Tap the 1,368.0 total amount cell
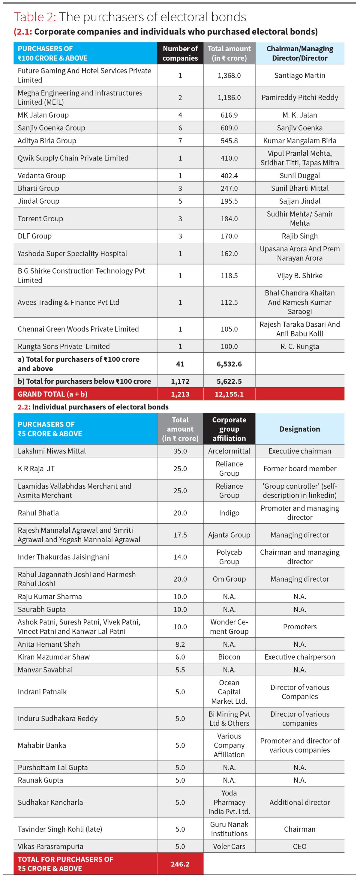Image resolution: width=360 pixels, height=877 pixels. click(229, 76)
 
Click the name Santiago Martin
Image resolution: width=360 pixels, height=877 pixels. click(300, 76)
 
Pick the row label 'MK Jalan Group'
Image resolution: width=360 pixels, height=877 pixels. click(43, 115)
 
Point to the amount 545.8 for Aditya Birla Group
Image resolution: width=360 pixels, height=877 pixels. click(229, 141)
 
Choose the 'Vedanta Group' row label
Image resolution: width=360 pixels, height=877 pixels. click(42, 176)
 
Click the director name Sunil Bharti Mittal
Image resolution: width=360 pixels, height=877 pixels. click(300, 188)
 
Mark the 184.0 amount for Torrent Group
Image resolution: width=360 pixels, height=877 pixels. click(229, 219)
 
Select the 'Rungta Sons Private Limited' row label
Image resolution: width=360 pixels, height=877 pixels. click(64, 347)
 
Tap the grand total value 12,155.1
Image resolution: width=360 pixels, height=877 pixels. click(229, 394)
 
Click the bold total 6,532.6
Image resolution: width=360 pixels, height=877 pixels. click(229, 364)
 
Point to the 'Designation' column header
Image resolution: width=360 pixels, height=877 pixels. click(300, 429)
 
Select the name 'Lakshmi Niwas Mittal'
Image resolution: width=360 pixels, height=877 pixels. click(52, 451)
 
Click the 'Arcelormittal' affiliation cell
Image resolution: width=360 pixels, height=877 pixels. click(229, 451)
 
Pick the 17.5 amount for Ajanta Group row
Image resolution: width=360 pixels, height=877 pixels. click(180, 535)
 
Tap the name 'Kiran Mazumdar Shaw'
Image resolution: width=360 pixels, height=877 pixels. click(54, 657)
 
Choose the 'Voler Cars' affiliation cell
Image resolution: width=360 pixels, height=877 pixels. click(229, 846)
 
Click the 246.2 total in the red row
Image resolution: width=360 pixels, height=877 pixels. click(180, 864)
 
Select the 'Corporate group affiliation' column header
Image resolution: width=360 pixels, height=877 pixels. click(229, 429)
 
